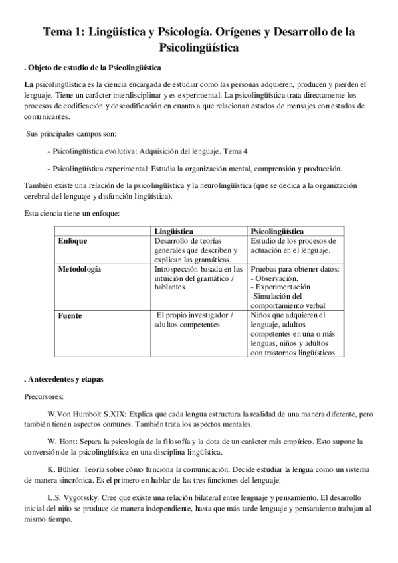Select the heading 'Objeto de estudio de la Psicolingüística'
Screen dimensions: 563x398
pyautogui.click(x=97, y=68)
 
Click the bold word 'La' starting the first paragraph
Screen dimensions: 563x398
pyautogui.click(x=29, y=86)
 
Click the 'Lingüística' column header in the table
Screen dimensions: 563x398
pyautogui.click(x=174, y=230)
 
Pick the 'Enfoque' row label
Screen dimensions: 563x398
pyautogui.click(x=74, y=240)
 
